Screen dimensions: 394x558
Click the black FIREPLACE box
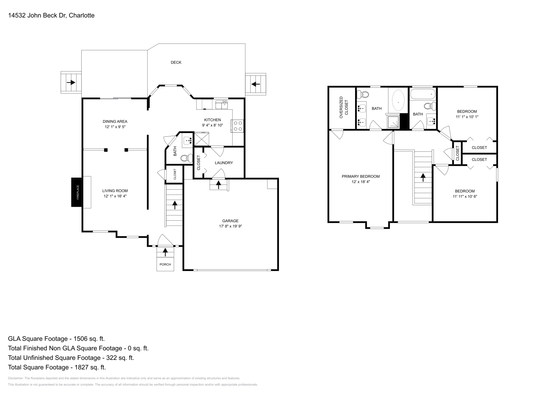(x=76, y=192)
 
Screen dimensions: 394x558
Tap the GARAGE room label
(x=230, y=221)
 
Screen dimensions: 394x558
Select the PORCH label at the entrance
(x=165, y=265)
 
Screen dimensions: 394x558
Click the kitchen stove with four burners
(x=238, y=126)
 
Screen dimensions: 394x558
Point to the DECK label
(x=176, y=62)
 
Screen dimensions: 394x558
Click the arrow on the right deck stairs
(x=256, y=84)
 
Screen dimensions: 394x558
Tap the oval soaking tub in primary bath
(x=398, y=101)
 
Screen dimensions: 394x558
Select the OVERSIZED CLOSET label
(x=344, y=108)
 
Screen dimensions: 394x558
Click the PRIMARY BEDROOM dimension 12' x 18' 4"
(x=361, y=181)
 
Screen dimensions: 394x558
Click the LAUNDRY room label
(x=224, y=163)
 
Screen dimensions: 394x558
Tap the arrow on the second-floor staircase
(x=423, y=178)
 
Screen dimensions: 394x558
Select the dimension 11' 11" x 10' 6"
(x=465, y=196)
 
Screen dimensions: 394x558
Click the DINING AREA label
(x=115, y=121)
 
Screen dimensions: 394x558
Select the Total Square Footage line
(x=56, y=367)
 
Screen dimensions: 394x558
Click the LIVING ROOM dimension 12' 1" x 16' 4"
(x=115, y=196)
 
